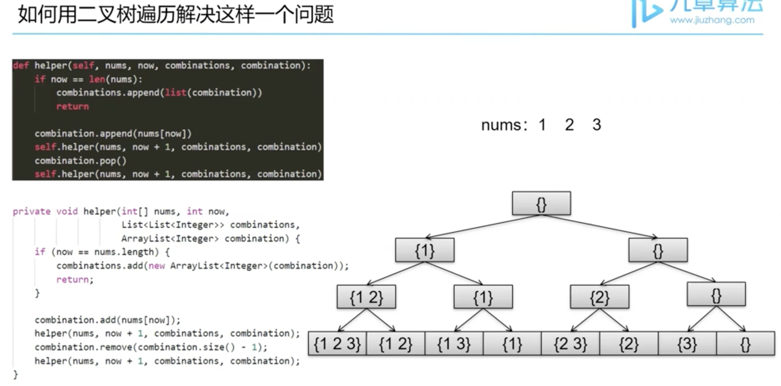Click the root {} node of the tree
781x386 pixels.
(x=542, y=203)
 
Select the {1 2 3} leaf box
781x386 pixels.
(x=337, y=344)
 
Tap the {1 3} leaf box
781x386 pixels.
(x=454, y=344)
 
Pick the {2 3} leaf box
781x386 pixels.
(x=570, y=344)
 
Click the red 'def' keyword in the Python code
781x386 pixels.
(x=21, y=66)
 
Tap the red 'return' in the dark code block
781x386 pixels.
(x=73, y=107)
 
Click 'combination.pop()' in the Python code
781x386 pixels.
(x=80, y=160)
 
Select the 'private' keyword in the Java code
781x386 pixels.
(x=32, y=211)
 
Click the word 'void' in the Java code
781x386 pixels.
(x=67, y=211)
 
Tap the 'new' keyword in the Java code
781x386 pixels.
(x=157, y=266)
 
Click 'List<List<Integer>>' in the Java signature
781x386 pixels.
(x=173, y=225)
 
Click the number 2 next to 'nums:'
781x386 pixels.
(x=569, y=125)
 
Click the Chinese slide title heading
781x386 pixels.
(x=176, y=15)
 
